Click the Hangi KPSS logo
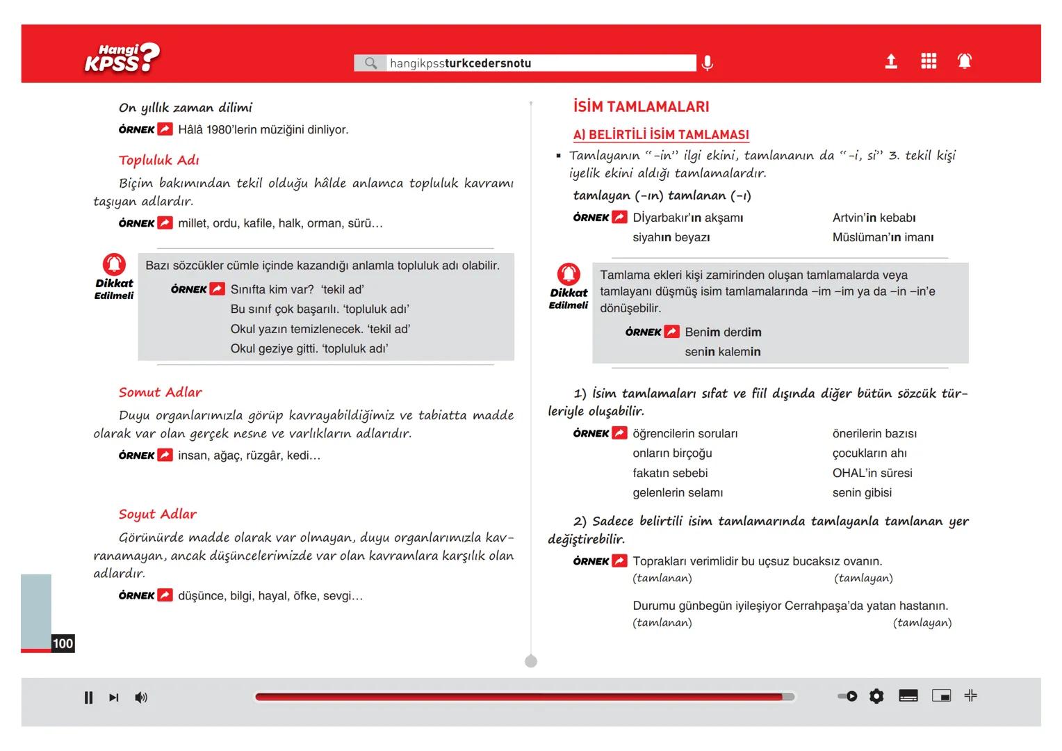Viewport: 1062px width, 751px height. click(x=122, y=58)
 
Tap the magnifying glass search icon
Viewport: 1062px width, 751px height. click(x=370, y=63)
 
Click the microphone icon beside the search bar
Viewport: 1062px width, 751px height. click(x=707, y=63)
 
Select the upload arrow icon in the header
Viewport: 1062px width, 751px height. click(x=890, y=62)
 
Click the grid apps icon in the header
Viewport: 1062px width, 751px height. click(x=928, y=62)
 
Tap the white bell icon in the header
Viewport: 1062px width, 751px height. click(x=964, y=62)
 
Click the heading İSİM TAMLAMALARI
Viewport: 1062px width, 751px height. click(x=641, y=107)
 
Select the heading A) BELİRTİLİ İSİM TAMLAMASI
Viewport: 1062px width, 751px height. click(x=660, y=135)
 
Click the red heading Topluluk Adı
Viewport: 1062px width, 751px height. click(x=158, y=160)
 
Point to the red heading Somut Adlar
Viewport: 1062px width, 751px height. click(x=160, y=392)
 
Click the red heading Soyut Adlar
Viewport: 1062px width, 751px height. click(x=157, y=514)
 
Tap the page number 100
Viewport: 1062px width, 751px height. click(x=63, y=643)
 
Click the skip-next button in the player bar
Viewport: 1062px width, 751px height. click(x=114, y=697)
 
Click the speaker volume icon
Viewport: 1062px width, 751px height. click(x=141, y=697)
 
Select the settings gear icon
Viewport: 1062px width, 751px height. click(x=876, y=696)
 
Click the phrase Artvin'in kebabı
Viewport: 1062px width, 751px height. click(x=874, y=218)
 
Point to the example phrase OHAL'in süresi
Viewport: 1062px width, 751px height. click(x=872, y=473)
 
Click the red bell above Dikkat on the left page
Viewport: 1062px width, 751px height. click(x=114, y=264)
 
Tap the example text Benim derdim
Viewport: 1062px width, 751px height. click(x=723, y=332)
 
